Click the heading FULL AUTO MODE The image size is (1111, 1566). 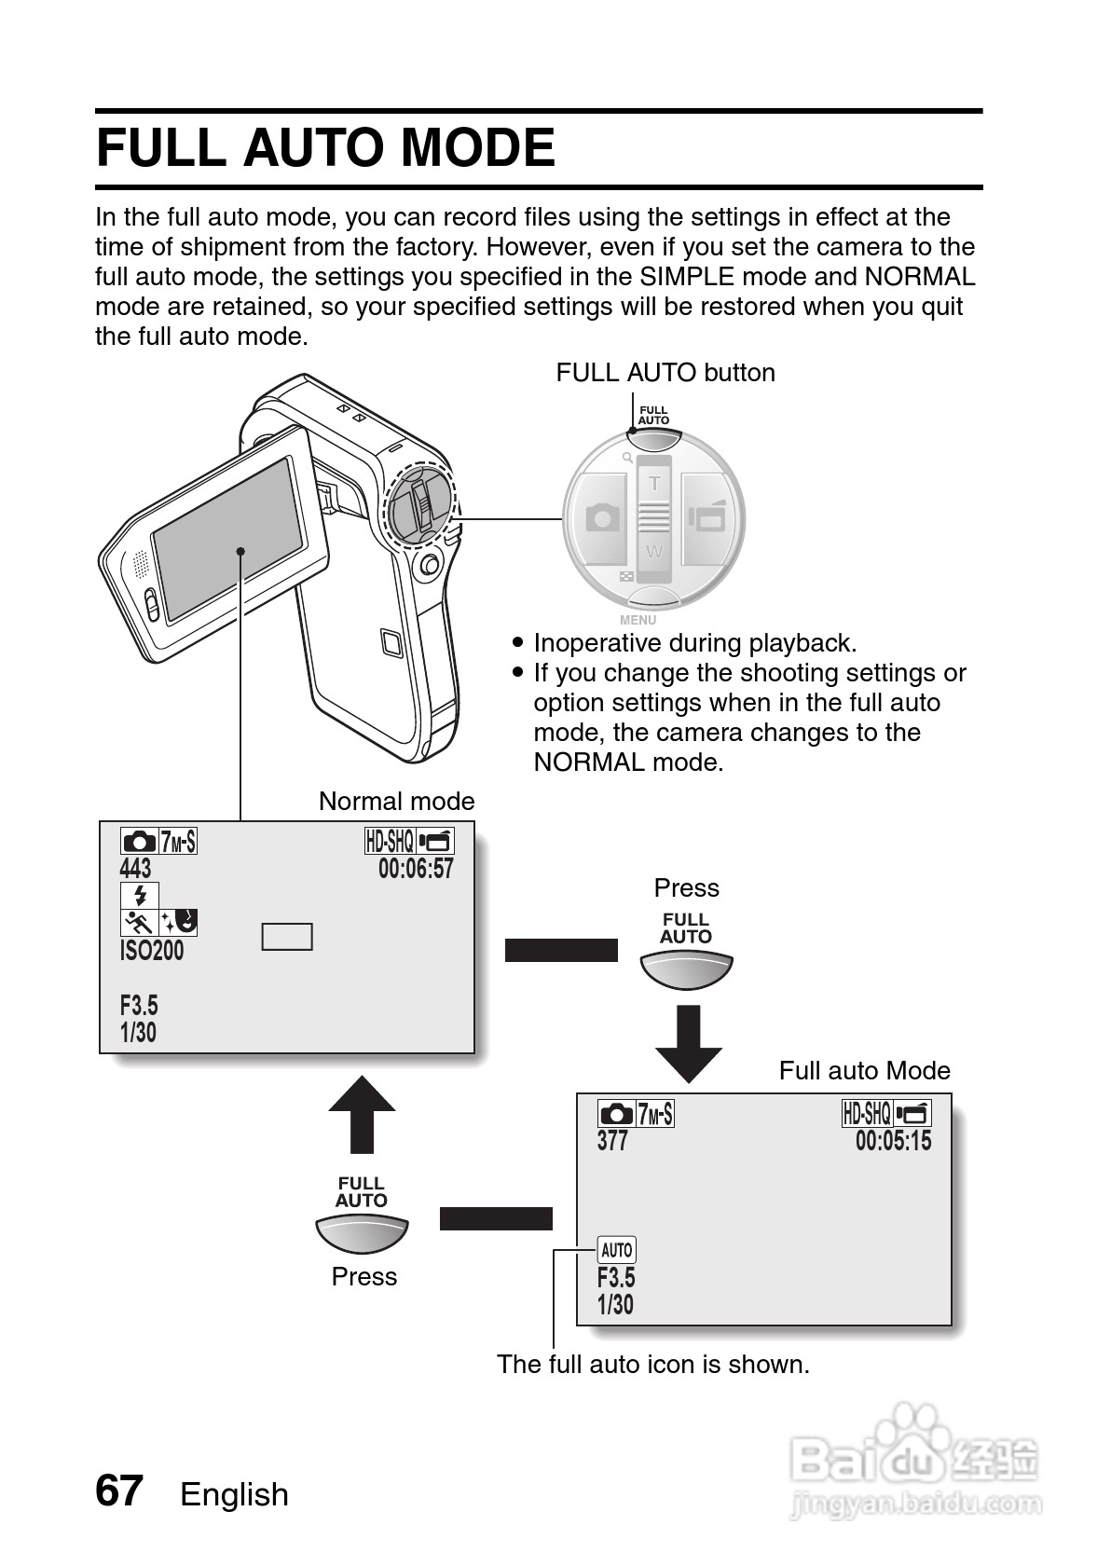pyautogui.click(x=325, y=148)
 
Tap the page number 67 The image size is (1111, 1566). pyautogui.click(x=118, y=1490)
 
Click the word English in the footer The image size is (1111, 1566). pyautogui.click(x=234, y=1494)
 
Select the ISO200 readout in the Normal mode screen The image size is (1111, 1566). pyautogui.click(x=152, y=951)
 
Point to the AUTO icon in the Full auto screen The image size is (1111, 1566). pyautogui.click(x=616, y=1250)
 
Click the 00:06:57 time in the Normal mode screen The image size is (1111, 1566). pyautogui.click(x=416, y=869)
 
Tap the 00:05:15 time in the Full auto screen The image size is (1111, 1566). pyautogui.click(x=893, y=1141)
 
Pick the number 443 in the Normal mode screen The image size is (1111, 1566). pyautogui.click(x=135, y=869)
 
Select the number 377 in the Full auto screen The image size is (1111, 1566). pyautogui.click(x=612, y=1141)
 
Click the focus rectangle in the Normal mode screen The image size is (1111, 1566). pyautogui.click(x=287, y=937)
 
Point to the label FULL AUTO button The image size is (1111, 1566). pyautogui.click(x=665, y=373)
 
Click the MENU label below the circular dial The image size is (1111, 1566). pyautogui.click(x=638, y=620)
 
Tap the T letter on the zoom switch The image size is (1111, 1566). pyautogui.click(x=654, y=483)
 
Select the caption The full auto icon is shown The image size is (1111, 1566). pyautogui.click(x=652, y=1365)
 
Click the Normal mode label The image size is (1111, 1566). pyautogui.click(x=396, y=802)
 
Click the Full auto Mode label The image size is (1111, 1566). pyautogui.click(x=864, y=1071)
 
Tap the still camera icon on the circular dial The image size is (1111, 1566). pyautogui.click(x=602, y=517)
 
